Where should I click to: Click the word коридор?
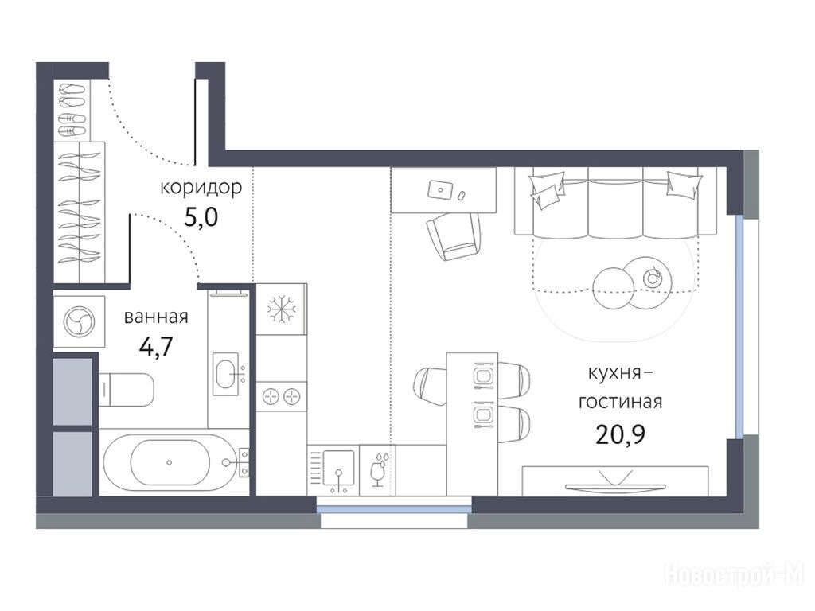coord(201,188)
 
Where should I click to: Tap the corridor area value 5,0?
coord(201,218)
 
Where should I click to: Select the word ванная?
coord(156,317)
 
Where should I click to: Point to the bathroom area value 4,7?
coord(156,347)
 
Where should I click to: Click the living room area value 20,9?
coord(621,434)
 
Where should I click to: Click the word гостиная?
coord(621,402)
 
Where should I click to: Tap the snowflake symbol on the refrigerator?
coord(281,309)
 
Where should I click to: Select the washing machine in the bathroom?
coord(79,321)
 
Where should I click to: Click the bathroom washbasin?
coord(227,371)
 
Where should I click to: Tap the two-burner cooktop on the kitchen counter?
coord(281,398)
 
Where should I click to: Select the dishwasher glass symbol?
coord(378,469)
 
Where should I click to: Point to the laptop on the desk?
coord(440,189)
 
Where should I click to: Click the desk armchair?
coord(453,236)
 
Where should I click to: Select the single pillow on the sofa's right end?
coord(684,185)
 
